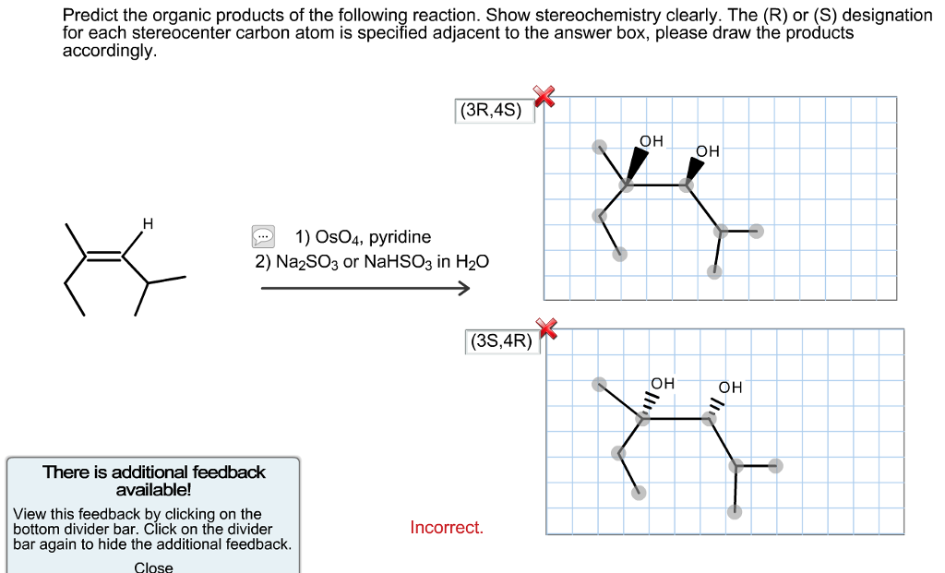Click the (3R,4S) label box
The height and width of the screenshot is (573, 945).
[x=495, y=111]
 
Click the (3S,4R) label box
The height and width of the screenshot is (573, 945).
[x=503, y=341]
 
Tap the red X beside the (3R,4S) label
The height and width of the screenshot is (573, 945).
[x=544, y=96]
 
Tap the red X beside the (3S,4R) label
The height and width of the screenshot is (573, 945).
[x=546, y=328]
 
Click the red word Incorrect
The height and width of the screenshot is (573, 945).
[x=447, y=527]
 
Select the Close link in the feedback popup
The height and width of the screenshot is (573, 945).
[x=153, y=567]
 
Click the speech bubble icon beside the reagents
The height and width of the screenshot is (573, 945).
[x=263, y=237]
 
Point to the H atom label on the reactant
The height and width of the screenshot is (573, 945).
[x=148, y=224]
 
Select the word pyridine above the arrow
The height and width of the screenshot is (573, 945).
[x=400, y=237]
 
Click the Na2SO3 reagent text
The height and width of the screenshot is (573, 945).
[x=306, y=262]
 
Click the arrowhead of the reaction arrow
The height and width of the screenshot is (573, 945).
[x=464, y=288]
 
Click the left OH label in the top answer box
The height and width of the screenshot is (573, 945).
[x=651, y=141]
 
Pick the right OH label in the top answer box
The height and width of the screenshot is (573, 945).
[x=708, y=151]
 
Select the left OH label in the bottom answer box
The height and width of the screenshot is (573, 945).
[x=663, y=383]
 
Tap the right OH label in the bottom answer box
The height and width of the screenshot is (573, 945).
[x=730, y=388]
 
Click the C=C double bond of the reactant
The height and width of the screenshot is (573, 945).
[x=104, y=256]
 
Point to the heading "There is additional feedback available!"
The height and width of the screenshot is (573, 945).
[x=154, y=481]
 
